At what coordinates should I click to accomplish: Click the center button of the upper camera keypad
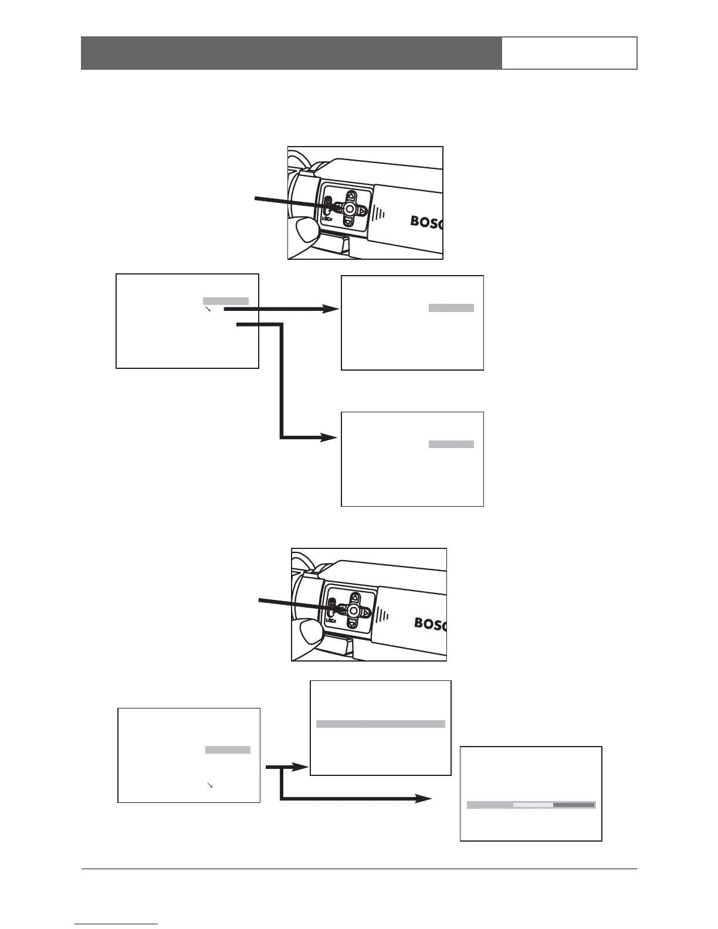[350, 209]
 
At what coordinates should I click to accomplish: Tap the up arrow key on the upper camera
[350, 195]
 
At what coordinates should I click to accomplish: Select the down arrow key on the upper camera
[348, 222]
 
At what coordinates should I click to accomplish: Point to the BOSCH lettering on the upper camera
[426, 222]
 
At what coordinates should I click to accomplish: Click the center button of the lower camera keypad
[353, 611]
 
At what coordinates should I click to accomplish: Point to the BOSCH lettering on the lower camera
[431, 623]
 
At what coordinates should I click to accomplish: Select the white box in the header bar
[569, 53]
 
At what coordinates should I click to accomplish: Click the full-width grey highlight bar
[380, 724]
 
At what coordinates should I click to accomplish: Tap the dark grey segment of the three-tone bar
[574, 805]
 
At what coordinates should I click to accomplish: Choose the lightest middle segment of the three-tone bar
[533, 805]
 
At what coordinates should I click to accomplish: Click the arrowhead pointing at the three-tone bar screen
[426, 799]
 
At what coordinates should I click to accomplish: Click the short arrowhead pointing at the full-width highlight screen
[303, 767]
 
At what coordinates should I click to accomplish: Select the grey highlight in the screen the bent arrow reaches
[451, 445]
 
